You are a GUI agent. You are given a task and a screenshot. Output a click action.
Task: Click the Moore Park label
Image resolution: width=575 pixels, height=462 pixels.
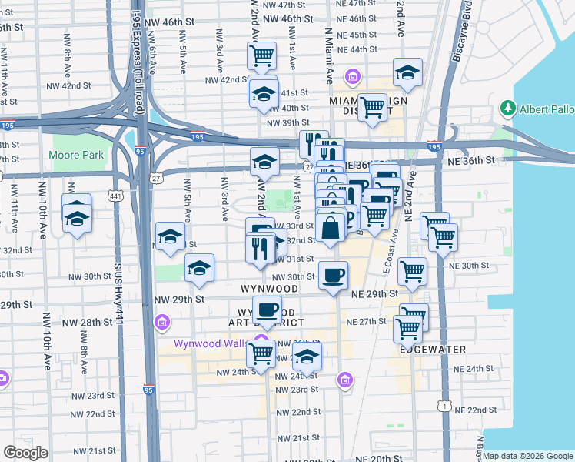coord(76,155)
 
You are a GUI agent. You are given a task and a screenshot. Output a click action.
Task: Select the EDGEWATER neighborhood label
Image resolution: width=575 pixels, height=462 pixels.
coord(433,349)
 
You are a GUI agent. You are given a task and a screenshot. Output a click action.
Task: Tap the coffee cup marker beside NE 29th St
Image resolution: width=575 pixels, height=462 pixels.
coord(333,276)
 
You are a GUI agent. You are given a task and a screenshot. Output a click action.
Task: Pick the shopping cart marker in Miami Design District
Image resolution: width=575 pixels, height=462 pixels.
coord(372,107)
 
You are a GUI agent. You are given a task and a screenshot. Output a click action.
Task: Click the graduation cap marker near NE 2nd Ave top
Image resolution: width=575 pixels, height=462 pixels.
coord(407,72)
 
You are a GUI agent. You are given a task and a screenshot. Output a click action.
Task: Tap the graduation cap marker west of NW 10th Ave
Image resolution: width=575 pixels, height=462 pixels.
coord(76,219)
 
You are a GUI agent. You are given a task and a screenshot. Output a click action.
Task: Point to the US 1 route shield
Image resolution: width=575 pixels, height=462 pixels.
coord(443,404)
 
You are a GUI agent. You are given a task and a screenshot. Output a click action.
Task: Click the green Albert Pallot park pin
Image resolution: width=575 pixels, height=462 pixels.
coord(507,109)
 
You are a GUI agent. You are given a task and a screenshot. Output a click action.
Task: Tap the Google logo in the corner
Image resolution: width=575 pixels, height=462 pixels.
coord(25,452)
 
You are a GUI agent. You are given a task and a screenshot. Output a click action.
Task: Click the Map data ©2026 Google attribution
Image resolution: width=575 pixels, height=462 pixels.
coord(527,456)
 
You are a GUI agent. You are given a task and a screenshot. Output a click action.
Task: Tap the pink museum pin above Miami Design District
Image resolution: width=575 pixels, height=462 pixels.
coord(353,76)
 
